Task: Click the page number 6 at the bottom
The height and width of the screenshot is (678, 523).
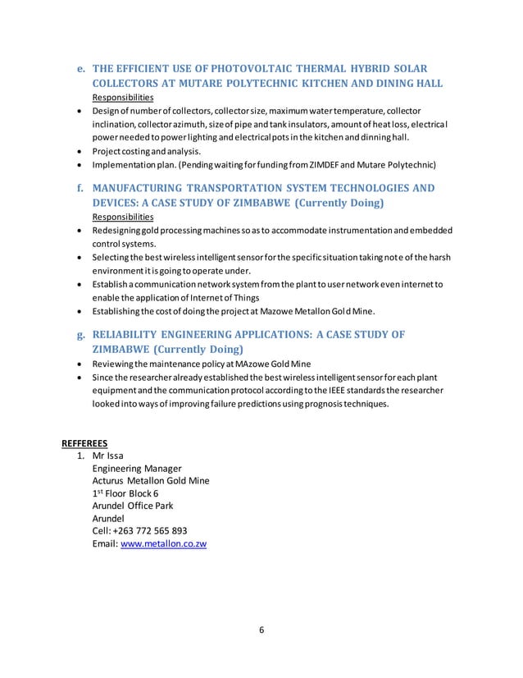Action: pyautogui.click(x=261, y=631)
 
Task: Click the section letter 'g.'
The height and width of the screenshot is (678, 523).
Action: pyautogui.click(x=81, y=334)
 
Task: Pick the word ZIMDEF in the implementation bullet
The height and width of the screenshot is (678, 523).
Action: pyautogui.click(x=358, y=163)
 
